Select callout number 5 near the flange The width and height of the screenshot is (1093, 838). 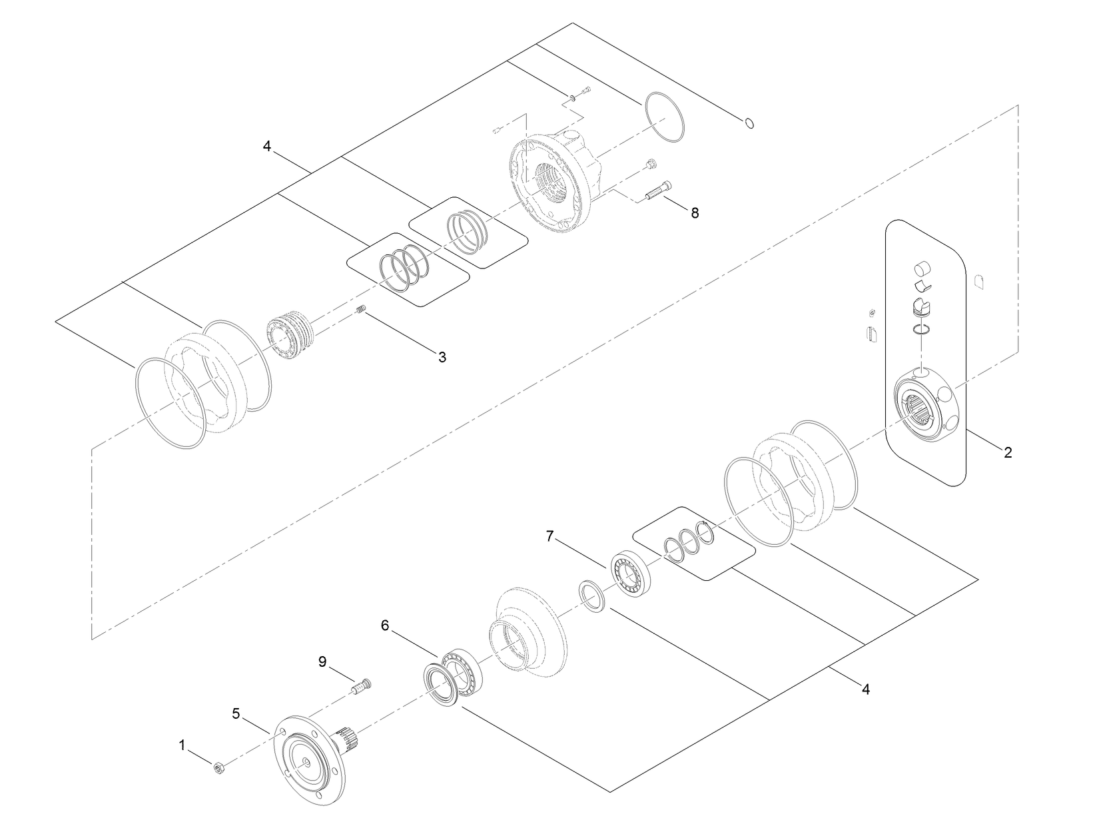point(236,713)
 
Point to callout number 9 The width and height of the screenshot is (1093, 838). point(322,661)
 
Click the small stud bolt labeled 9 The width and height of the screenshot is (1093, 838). point(360,685)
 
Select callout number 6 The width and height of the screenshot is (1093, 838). point(384,626)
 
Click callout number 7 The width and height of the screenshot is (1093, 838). point(550,536)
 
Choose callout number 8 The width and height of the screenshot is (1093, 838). point(695,213)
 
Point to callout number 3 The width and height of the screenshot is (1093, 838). point(442,357)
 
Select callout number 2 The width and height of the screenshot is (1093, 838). point(1008,452)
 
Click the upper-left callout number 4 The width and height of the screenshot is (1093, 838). point(267,146)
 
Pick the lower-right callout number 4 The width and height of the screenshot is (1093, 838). point(865,689)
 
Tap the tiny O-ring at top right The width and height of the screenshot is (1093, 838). point(749,123)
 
